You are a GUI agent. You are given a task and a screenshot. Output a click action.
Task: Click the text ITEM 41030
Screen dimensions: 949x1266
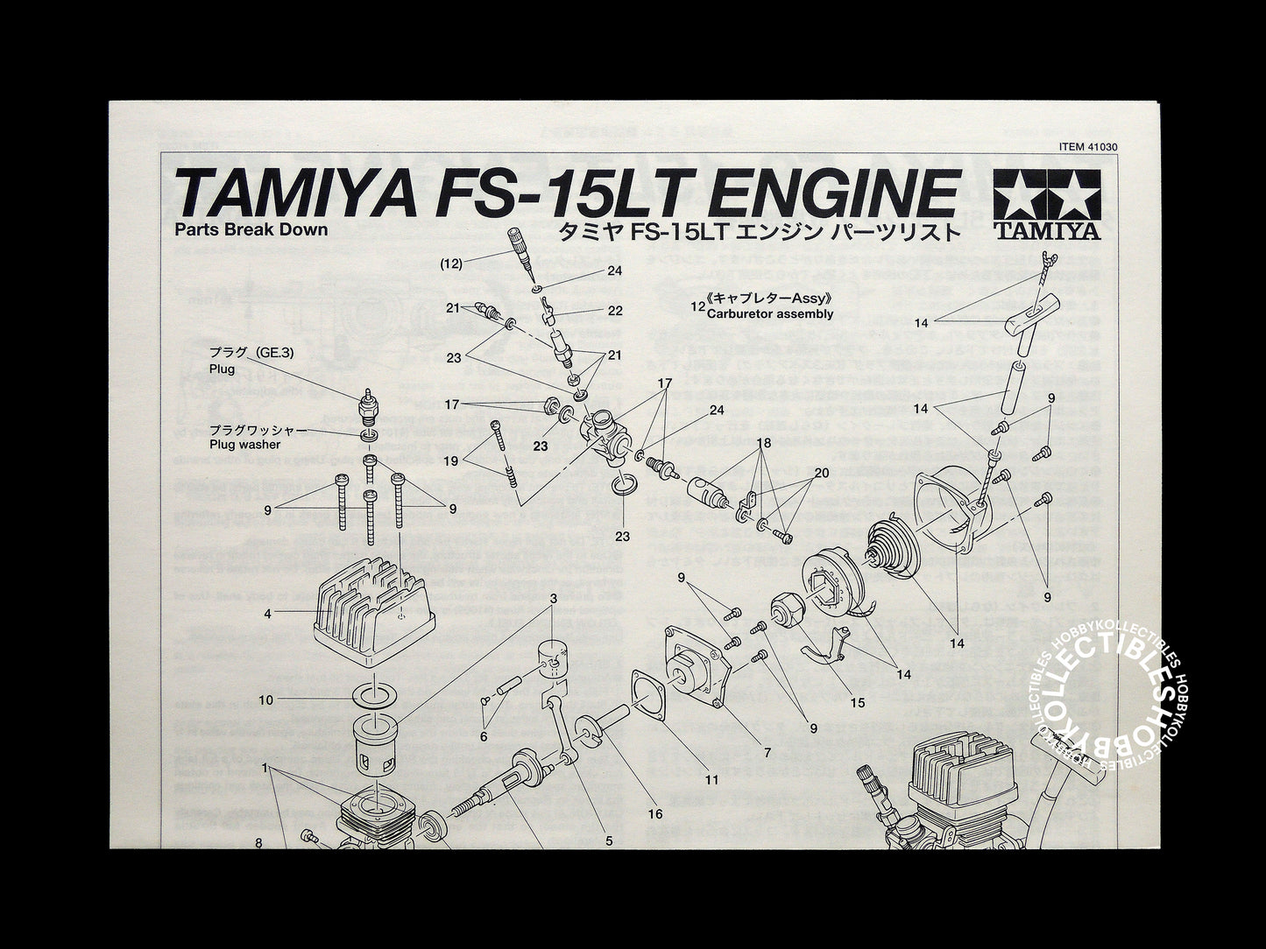1089,148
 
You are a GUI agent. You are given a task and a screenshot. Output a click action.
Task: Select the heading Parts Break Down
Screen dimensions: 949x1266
251,230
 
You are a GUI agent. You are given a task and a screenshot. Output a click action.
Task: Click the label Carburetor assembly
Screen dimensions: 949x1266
770,313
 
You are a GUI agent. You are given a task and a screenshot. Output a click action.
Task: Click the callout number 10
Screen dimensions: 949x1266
266,699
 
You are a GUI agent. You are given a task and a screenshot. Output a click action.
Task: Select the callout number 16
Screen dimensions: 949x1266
655,813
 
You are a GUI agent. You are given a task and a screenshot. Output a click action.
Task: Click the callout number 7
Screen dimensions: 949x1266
767,752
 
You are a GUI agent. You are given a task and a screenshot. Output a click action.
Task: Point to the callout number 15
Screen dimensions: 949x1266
857,702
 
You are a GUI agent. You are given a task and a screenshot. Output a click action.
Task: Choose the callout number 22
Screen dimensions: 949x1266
615,311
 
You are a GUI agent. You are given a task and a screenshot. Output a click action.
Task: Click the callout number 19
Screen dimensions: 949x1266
451,460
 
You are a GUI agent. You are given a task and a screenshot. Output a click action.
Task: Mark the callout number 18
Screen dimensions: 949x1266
764,444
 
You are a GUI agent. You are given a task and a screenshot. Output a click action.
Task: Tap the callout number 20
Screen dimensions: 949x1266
821,473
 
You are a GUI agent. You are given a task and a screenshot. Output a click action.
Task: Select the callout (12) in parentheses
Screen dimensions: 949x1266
452,262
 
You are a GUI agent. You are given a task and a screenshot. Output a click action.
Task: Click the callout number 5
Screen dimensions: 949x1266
609,841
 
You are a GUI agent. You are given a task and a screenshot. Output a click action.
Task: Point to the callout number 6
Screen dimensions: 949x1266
483,737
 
